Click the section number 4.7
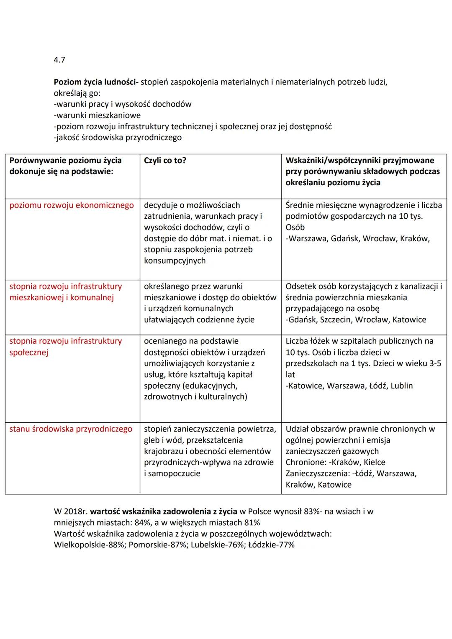coord(59,60)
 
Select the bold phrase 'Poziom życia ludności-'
coord(96,82)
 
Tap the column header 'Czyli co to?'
coord(165,160)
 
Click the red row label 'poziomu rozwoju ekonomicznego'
coord(72,205)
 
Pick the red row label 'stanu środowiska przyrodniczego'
coord(71,429)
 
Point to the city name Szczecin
coord(336,319)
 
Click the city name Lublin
coord(402,386)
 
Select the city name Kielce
coord(375,462)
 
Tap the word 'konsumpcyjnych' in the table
coord(175,261)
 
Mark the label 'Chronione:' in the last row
coord(305,462)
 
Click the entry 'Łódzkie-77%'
coord(271,545)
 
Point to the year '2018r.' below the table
coord(76,511)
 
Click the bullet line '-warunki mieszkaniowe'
coord(97,115)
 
